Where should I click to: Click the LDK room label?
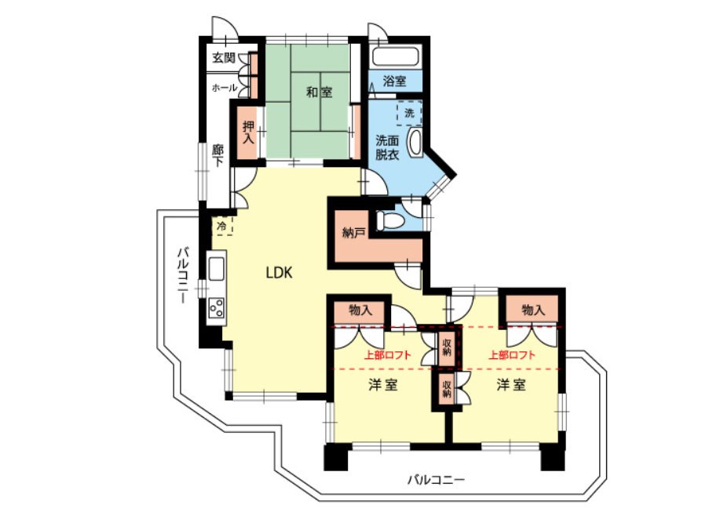(x=278, y=273)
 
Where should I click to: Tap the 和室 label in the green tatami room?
(x=319, y=93)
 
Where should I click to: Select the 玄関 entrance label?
(x=224, y=58)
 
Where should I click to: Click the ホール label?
(x=223, y=88)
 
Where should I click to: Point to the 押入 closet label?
(x=248, y=132)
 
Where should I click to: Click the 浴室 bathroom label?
(x=394, y=81)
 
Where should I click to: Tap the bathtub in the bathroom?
(x=396, y=56)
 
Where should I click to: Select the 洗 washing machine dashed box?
(x=409, y=113)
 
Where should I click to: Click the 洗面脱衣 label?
(x=387, y=147)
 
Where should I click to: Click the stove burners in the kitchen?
(x=216, y=307)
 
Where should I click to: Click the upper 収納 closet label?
(x=446, y=347)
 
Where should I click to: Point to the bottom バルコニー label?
(x=436, y=479)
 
